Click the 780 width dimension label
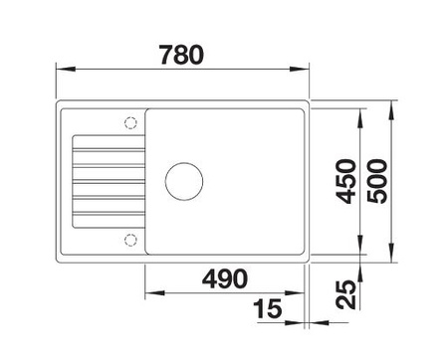pos(181,55)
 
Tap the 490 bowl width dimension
pos(225,278)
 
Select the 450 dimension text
pos(345,181)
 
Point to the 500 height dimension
pos(377,181)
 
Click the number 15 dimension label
pos(268,308)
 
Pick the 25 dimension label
pos(345,294)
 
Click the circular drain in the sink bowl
pos(184,181)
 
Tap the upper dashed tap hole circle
pos(130,123)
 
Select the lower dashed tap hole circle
pos(130,240)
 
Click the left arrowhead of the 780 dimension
pos(66,69)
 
